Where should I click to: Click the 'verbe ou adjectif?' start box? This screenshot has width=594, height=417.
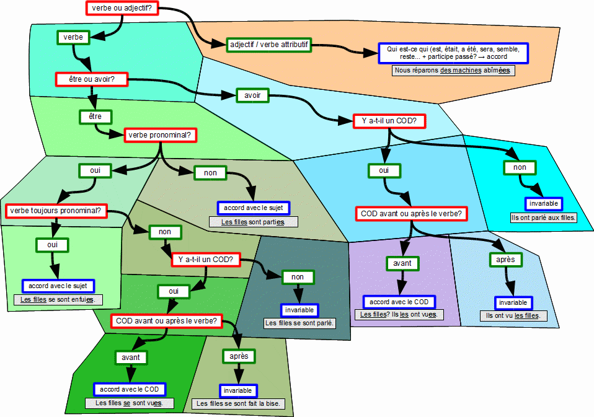tap(122, 8)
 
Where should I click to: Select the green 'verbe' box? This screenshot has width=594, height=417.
tap(74, 37)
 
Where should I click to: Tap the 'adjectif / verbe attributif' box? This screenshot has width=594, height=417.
tap(268, 45)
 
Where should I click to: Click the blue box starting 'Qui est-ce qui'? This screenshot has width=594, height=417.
tap(453, 53)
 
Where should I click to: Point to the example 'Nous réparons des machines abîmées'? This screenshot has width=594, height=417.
tap(453, 71)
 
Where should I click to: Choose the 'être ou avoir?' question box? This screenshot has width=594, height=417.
tap(92, 79)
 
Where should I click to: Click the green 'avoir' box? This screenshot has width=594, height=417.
tap(252, 95)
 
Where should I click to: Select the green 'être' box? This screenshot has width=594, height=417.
tap(95, 116)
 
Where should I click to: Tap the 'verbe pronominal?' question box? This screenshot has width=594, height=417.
tap(160, 135)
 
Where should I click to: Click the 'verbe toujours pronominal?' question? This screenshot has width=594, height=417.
tap(56, 211)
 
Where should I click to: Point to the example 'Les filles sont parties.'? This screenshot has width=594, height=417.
tap(253, 222)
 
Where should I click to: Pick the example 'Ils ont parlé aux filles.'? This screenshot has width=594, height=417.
tap(543, 217)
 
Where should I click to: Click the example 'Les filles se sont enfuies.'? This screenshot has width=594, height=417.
tap(58, 300)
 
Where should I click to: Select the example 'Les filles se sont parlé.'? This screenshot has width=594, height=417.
tap(299, 323)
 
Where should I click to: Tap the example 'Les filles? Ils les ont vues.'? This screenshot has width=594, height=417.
tap(399, 314)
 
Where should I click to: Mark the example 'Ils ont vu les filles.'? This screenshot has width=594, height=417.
tap(513, 315)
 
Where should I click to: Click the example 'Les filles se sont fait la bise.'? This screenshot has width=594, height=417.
tap(238, 404)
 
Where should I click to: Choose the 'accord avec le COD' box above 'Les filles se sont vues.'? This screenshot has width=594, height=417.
tap(130, 389)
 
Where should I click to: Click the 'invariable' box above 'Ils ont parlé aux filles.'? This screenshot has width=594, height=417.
tap(544, 204)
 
